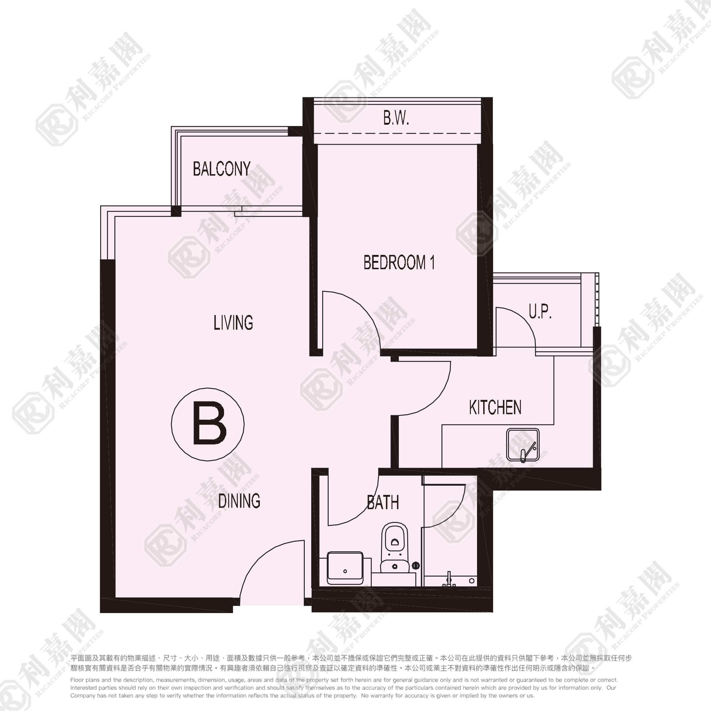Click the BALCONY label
222,169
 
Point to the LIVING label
233,323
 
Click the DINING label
239,501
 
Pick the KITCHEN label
495,408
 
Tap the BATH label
383,502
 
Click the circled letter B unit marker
207,424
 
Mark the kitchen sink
523,445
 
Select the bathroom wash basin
345,568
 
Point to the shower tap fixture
449,580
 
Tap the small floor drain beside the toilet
416,565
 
